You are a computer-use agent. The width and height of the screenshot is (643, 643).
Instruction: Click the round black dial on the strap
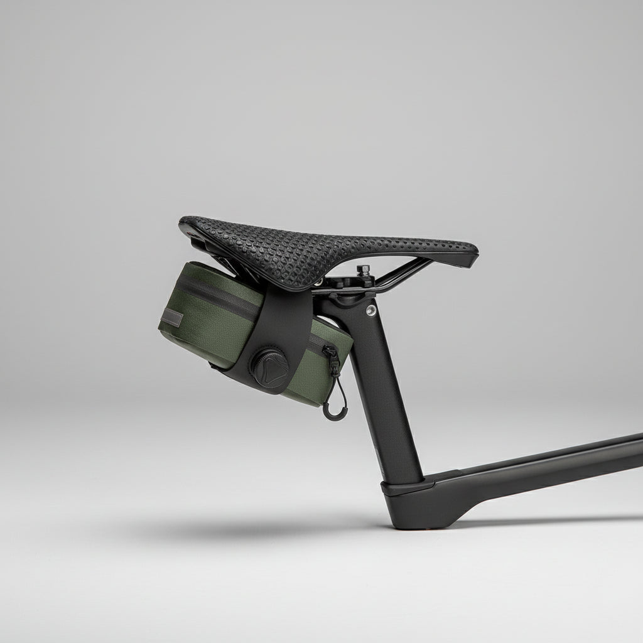[x=269, y=362]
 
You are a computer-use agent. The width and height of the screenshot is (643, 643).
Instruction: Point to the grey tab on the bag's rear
[x=170, y=318]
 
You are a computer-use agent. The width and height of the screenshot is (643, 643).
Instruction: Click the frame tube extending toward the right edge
[x=553, y=462]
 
